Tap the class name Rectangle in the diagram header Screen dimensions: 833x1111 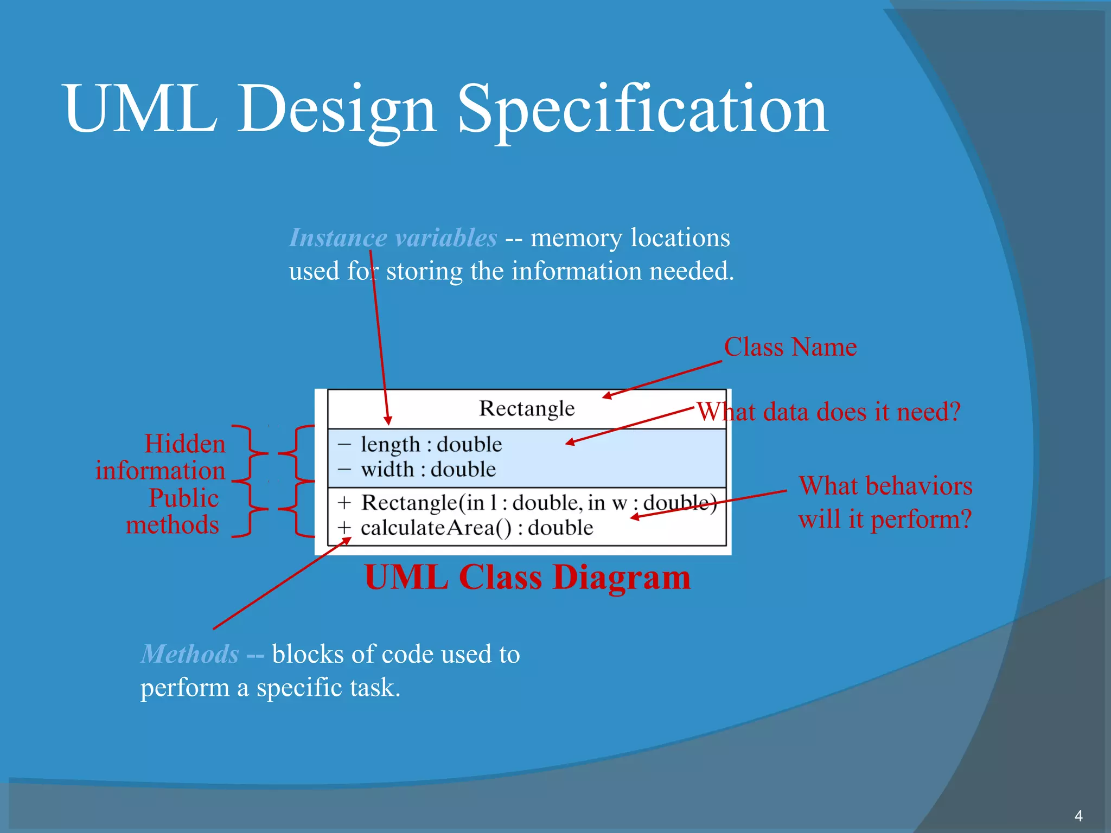click(x=527, y=408)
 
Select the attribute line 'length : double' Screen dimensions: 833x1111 click(x=431, y=445)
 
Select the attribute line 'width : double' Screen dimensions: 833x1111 click(x=428, y=470)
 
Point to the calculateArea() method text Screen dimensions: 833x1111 click(x=476, y=528)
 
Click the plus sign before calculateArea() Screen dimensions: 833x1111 click(x=344, y=528)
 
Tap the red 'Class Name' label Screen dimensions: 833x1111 click(x=790, y=347)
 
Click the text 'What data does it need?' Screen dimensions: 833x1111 click(x=828, y=412)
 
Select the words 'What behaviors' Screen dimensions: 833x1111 click(x=885, y=486)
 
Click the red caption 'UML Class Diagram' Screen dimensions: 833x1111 click(x=527, y=577)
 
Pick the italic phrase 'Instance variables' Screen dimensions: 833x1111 click(x=393, y=238)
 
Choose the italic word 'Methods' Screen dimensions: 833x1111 click(x=190, y=654)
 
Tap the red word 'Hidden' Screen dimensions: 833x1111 click(x=184, y=444)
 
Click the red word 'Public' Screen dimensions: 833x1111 click(x=183, y=498)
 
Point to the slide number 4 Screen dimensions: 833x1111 click(x=1078, y=816)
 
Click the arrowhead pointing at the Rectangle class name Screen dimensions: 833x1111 click(x=607, y=396)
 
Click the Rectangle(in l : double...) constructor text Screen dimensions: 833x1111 click(x=537, y=503)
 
